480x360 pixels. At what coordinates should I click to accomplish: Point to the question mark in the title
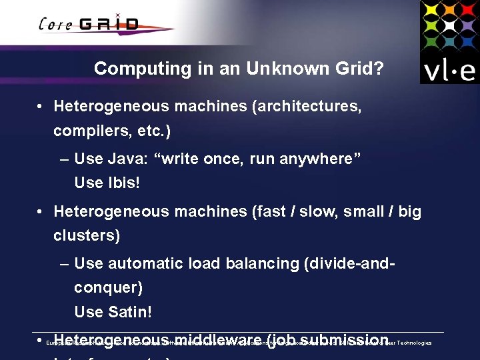[x=378, y=68]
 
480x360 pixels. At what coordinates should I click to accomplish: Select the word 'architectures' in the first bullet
[x=312, y=106]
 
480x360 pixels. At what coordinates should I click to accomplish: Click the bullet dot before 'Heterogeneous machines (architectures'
[x=41, y=107]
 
